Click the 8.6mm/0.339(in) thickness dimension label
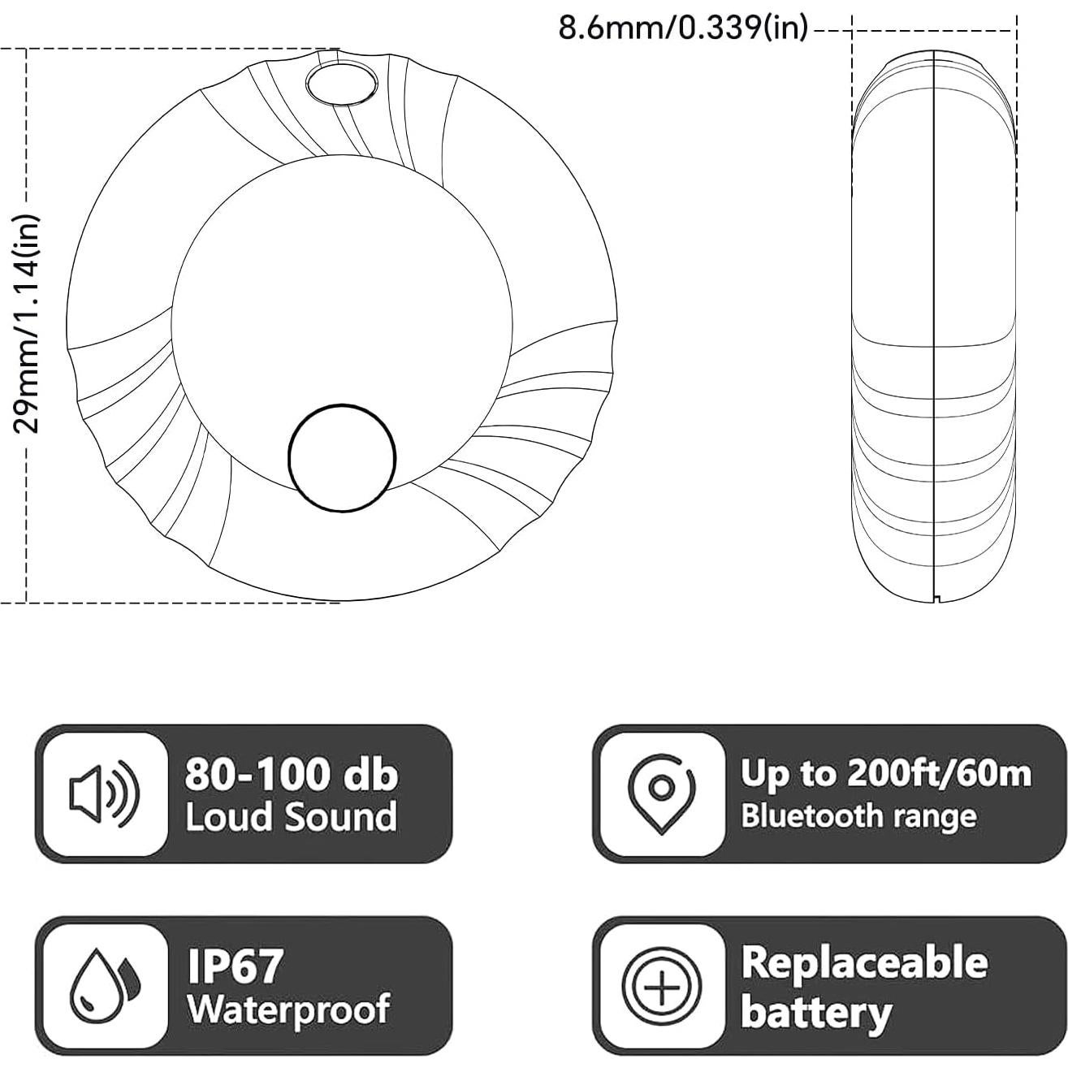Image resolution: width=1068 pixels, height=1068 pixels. point(683,28)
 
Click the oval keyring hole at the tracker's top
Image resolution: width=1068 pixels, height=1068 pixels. point(341,83)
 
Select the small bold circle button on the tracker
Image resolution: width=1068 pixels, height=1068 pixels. point(342,458)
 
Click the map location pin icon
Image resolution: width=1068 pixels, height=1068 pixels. point(661,793)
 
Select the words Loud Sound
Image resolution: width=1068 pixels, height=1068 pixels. point(291,816)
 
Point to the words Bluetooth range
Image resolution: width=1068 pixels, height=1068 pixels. point(858,815)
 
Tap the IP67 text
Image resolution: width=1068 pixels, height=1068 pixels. point(236,966)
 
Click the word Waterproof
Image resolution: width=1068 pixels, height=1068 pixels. point(288,1009)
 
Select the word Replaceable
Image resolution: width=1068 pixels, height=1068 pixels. point(864,963)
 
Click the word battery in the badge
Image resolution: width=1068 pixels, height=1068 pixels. point(815,1012)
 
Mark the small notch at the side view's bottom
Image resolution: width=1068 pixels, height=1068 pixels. point(937,599)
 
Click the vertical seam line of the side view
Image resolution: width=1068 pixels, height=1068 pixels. point(935,325)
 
